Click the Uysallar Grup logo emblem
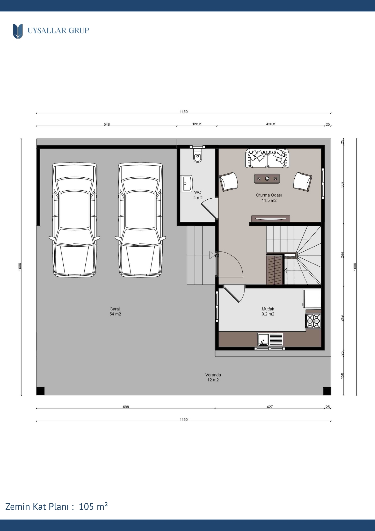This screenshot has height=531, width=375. (18, 31)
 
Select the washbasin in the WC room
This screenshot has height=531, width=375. (186, 183)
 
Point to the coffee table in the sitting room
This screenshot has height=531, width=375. (267, 179)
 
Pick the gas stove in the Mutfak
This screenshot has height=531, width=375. (313, 321)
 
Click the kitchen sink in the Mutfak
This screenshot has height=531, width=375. (270, 340)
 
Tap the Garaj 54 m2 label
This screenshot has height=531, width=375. (115, 311)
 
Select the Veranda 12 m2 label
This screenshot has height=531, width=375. (213, 377)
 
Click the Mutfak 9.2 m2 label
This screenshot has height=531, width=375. (268, 311)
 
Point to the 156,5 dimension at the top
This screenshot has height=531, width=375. (197, 124)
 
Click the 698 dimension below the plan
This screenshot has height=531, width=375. (126, 407)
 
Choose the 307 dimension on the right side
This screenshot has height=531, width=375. (342, 185)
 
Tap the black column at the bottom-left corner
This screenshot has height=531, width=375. (40, 391)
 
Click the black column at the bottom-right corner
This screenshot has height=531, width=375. (327, 391)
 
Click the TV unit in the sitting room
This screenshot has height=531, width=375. (271, 218)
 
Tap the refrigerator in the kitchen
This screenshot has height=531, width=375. (312, 299)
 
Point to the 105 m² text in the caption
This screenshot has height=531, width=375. (93, 507)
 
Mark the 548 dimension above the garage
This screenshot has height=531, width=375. (107, 124)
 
